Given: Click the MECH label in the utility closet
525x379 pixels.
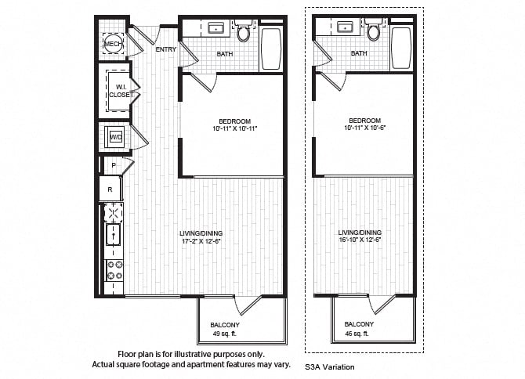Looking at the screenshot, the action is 113,44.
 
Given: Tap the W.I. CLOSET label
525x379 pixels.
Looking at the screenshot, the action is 121,91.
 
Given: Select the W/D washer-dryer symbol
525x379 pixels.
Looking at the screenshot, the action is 116,136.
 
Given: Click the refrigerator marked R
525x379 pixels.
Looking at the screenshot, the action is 110,189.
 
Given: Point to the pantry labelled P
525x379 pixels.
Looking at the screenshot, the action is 114,165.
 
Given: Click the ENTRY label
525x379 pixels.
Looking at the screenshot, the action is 166,49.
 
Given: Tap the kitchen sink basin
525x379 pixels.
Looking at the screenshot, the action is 114,234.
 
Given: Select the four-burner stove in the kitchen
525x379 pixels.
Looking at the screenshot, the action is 114,270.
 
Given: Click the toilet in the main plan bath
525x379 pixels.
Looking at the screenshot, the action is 243,31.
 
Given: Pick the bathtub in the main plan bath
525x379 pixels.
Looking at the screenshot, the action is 271,49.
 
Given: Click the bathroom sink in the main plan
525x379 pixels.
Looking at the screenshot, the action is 216,28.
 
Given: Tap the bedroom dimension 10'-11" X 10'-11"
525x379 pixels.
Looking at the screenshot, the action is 235,128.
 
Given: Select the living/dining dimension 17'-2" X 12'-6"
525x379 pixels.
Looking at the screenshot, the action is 201,241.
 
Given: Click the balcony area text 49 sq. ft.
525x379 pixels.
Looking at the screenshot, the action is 225,334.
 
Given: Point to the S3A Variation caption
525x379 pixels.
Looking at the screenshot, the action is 329,367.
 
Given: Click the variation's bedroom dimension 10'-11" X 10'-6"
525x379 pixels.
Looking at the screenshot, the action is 365,128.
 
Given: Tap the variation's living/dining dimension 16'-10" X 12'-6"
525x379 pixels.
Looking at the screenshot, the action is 360,240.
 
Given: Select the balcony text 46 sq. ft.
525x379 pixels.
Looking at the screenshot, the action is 357,334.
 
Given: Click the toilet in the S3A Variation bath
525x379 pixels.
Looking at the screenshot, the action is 373,30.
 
